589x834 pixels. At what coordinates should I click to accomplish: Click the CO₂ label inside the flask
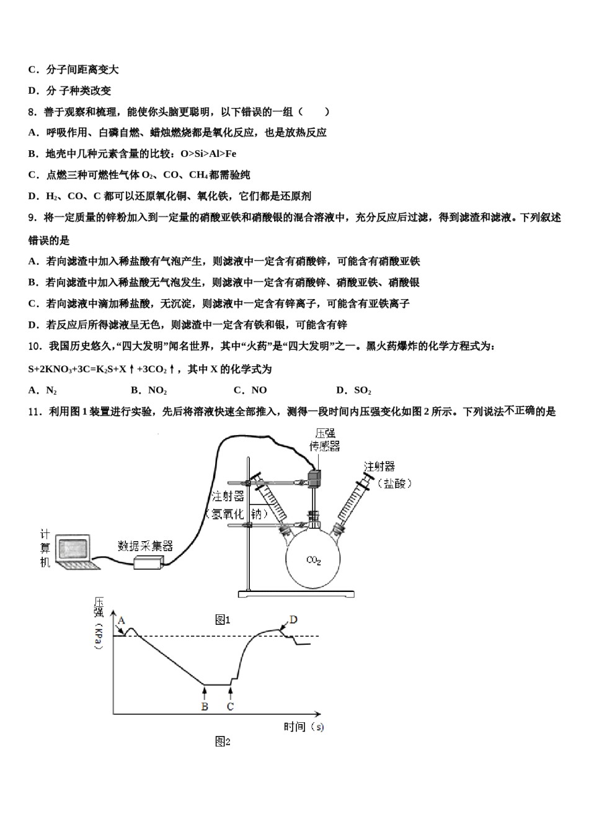(x=314, y=560)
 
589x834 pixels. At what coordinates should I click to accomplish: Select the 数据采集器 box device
(x=148, y=562)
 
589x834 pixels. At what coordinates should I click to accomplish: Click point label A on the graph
(x=122, y=620)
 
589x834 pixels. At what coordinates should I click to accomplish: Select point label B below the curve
(x=205, y=706)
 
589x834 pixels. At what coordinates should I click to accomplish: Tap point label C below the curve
(x=230, y=706)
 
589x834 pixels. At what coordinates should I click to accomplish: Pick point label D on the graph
(x=293, y=619)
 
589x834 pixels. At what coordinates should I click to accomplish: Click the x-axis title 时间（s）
(x=304, y=727)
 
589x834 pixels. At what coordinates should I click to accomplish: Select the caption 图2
(x=223, y=742)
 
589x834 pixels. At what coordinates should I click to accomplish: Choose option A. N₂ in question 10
(x=43, y=390)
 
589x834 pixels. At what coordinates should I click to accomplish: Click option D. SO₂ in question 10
(x=353, y=390)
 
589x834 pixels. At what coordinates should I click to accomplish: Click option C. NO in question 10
(x=250, y=390)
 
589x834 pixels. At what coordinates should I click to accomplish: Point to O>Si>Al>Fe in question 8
(x=208, y=153)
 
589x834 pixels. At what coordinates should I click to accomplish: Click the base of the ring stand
(x=296, y=594)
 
